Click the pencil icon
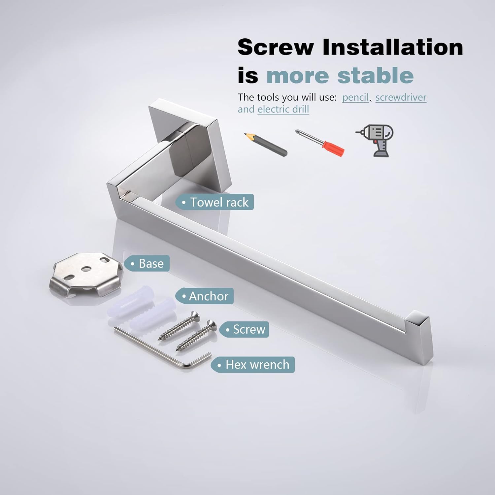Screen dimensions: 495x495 (266, 144)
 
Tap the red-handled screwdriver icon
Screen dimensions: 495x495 (320, 143)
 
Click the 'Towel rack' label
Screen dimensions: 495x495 (215, 202)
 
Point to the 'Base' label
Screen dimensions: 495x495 (147, 263)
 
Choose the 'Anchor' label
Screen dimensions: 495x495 (205, 296)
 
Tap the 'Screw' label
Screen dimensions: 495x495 (244, 329)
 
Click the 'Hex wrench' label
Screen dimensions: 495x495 (253, 365)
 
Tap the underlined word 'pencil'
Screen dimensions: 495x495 (355, 97)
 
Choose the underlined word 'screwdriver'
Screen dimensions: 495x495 (401, 97)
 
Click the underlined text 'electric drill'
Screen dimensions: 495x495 (283, 109)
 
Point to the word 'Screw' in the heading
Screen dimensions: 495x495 (276, 47)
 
